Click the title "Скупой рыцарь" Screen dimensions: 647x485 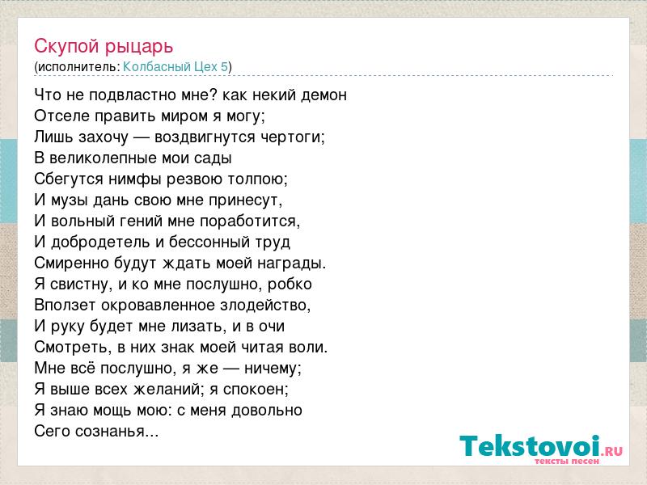coord(104,46)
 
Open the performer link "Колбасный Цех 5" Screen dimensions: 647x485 coord(175,66)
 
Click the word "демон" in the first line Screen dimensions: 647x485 coord(323,95)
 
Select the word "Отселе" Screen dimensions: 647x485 coord(61,116)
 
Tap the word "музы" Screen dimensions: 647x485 coord(70,200)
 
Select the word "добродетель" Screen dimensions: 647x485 coord(101,242)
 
